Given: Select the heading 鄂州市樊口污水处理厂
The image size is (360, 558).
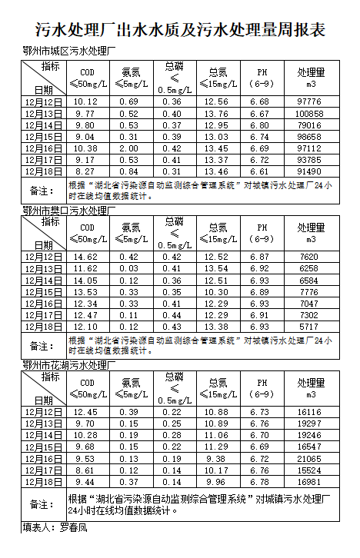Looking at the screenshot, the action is [x=68, y=210].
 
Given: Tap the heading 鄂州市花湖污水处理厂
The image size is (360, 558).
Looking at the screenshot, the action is [x=68, y=364].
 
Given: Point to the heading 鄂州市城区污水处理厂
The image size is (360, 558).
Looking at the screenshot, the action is [x=68, y=53].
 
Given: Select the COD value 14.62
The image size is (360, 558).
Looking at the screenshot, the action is [x=86, y=256].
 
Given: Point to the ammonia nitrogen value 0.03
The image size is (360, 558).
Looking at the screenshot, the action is [x=129, y=268].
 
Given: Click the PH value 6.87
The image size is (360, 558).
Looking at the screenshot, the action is [x=261, y=256].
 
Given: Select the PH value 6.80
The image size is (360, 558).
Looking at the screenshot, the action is [x=261, y=125].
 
